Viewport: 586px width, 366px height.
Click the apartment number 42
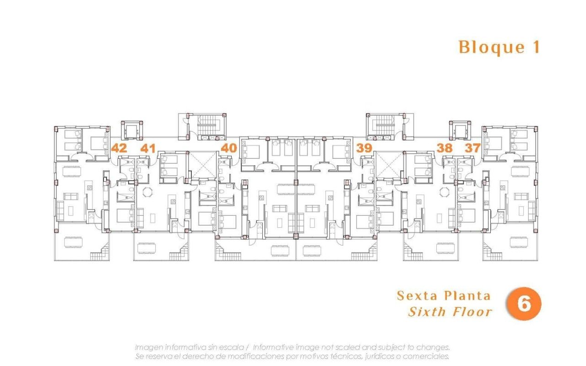(x=119, y=148)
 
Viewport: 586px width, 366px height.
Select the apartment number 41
(x=148, y=148)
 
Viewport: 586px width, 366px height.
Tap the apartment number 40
(x=229, y=148)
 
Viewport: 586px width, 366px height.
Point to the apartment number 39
(x=364, y=148)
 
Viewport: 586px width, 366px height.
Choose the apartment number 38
(x=445, y=148)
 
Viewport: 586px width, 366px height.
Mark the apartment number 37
(x=472, y=148)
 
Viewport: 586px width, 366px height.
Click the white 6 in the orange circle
(x=524, y=304)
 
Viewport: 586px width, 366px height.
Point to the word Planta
(x=467, y=296)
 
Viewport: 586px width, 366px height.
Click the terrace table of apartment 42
(x=73, y=242)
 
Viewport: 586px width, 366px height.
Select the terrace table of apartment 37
(x=519, y=242)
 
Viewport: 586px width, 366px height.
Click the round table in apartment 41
(x=147, y=192)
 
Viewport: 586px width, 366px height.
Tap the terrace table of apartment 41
(x=146, y=248)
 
